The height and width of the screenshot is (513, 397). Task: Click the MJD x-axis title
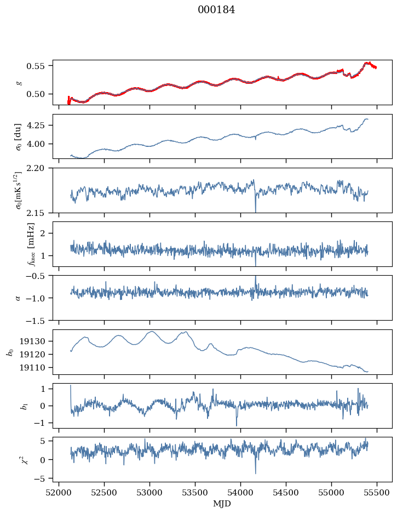(x=222, y=504)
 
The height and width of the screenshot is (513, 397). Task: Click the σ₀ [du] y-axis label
(x=19, y=136)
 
